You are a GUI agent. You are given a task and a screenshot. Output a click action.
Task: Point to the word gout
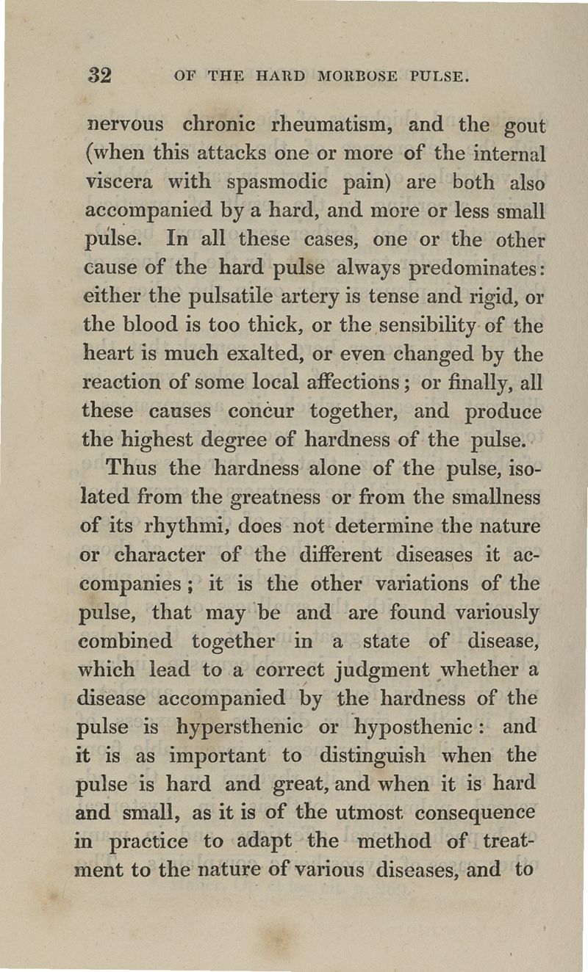[522, 126]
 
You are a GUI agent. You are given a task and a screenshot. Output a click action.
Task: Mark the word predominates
[469, 269]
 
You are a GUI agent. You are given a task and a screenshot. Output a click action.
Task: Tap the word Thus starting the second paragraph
[134, 468]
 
